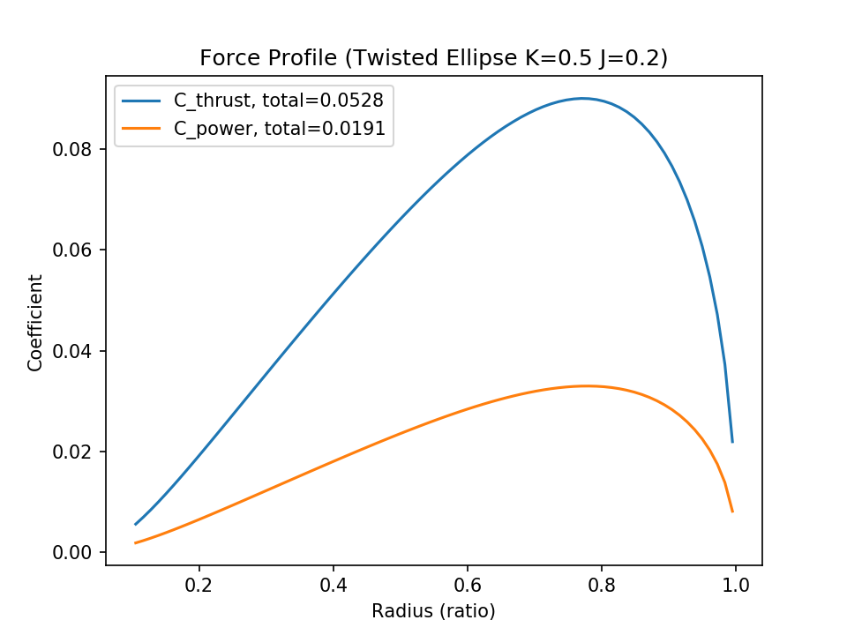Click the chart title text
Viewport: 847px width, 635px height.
coord(433,58)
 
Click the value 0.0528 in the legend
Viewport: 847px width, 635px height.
coord(355,98)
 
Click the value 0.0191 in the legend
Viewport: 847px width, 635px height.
coord(355,129)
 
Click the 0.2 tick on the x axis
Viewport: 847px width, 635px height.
coord(199,585)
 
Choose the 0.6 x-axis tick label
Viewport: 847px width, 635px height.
coord(468,585)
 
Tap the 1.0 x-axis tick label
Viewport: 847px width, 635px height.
coord(735,585)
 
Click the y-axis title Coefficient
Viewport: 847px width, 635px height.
coord(35,322)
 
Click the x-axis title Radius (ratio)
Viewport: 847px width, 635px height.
coord(433,610)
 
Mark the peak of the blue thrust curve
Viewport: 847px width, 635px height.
coord(582,98)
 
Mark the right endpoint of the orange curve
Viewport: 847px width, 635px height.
coord(732,512)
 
